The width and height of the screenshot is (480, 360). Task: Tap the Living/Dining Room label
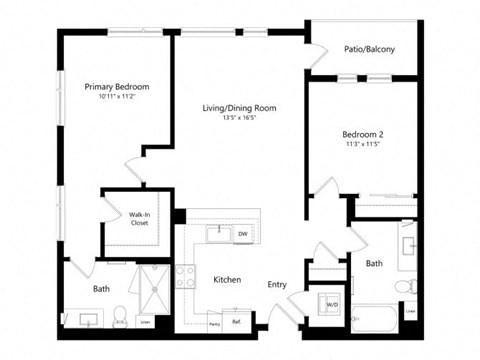point(240,108)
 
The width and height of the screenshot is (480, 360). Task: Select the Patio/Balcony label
point(362,49)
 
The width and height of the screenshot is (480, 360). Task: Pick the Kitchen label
point(227,281)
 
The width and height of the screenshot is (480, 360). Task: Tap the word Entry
point(277,285)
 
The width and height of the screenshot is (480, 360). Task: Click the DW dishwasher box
point(243,235)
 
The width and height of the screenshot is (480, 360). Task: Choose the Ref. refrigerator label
point(237,322)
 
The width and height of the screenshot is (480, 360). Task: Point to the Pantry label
point(214,323)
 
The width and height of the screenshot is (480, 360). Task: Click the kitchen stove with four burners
point(186,271)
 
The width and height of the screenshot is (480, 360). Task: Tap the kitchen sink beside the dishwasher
point(216,234)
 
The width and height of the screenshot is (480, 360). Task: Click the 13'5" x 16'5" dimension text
point(240,118)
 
